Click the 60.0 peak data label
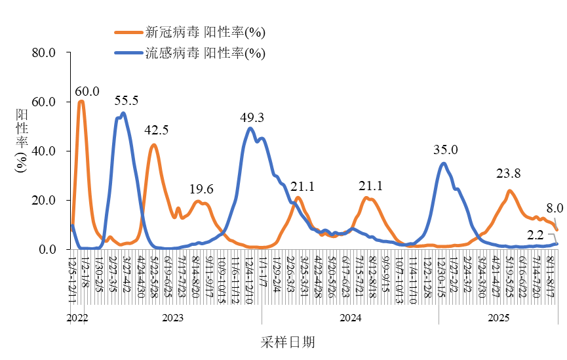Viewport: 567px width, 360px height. (x=87, y=91)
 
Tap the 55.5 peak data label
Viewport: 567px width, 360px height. (x=127, y=100)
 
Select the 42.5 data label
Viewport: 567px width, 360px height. (x=157, y=130)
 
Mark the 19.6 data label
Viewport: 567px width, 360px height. (x=201, y=189)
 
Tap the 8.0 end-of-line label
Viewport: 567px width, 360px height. (x=555, y=208)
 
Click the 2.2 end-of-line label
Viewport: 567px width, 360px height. (x=536, y=235)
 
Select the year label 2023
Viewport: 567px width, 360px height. (x=172, y=318)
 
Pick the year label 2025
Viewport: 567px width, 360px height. (x=498, y=318)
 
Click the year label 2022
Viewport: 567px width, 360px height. (x=77, y=318)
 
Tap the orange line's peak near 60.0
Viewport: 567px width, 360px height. (x=81, y=101)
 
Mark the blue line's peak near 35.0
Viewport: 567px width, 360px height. (x=444, y=163)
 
